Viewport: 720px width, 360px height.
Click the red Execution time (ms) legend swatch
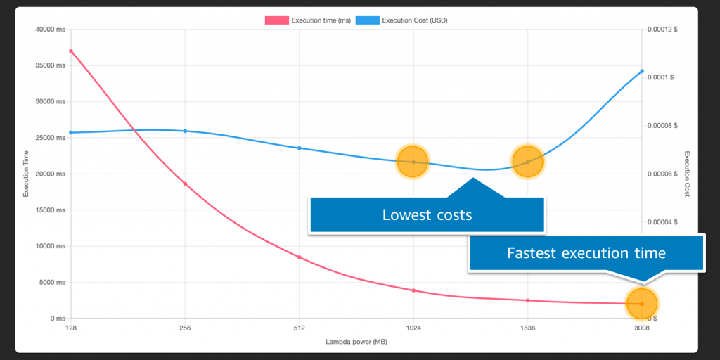276,20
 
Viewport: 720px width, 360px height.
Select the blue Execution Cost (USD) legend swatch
367,20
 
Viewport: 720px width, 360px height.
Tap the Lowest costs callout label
426,214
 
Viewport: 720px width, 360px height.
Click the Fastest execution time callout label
586,252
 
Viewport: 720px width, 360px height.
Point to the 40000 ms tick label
51,30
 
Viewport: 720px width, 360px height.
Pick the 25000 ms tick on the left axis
51,138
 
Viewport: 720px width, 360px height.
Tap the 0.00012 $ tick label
664,30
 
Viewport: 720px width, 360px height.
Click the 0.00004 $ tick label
664,222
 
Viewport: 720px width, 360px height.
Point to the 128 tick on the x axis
71,328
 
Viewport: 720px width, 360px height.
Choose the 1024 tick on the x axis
413,328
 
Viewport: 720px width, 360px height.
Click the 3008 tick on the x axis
641,328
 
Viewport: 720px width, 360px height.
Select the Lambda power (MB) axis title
356,342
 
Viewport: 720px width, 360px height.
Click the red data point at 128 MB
71,51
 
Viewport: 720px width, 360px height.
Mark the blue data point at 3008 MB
642,71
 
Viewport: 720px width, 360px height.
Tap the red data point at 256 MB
185,184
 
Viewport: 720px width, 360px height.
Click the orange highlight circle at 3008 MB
641,304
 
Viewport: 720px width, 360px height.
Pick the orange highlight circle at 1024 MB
413,162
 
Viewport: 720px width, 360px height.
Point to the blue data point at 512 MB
300,148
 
